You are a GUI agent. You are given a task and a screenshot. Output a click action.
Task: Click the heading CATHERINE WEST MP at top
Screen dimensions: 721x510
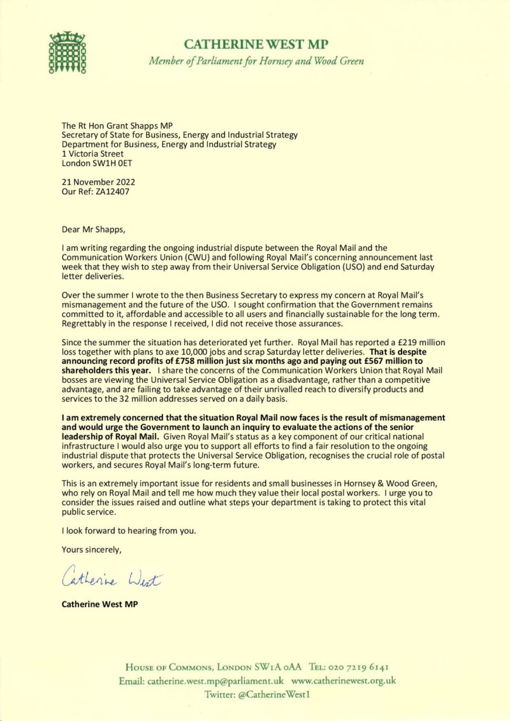tap(256, 44)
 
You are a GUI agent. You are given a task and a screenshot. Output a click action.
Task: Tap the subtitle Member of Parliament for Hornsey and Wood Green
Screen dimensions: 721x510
tap(256, 62)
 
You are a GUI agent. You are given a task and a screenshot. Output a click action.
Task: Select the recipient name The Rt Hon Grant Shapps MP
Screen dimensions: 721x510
tap(117, 125)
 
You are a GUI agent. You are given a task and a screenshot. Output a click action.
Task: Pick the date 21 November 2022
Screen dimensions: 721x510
tap(98, 182)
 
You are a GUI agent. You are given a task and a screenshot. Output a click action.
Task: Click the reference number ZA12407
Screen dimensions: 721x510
tap(113, 192)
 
